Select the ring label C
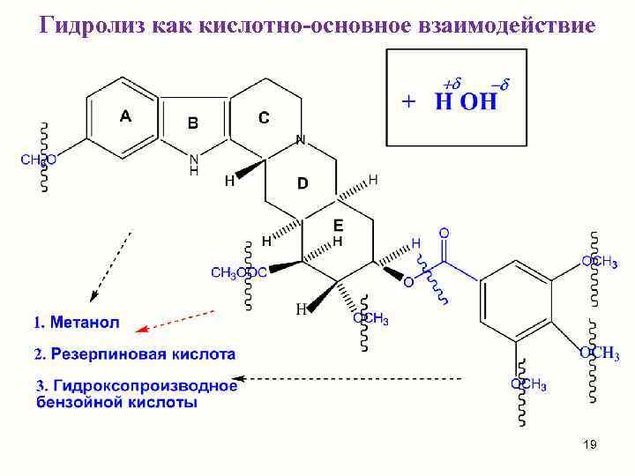coord(264,116)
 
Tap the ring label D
coord(303,183)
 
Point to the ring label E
coord(338,225)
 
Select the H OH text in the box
coord(466,101)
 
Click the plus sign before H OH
coord(408,101)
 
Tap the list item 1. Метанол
coord(77,323)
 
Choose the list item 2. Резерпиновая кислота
coord(135,354)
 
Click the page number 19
coord(590,445)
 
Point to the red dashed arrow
coord(176,319)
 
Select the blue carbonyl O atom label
coord(444,233)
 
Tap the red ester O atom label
coord(407,282)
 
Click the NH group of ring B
coord(194,164)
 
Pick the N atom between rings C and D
coord(301,139)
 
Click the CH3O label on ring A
coord(38,160)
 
